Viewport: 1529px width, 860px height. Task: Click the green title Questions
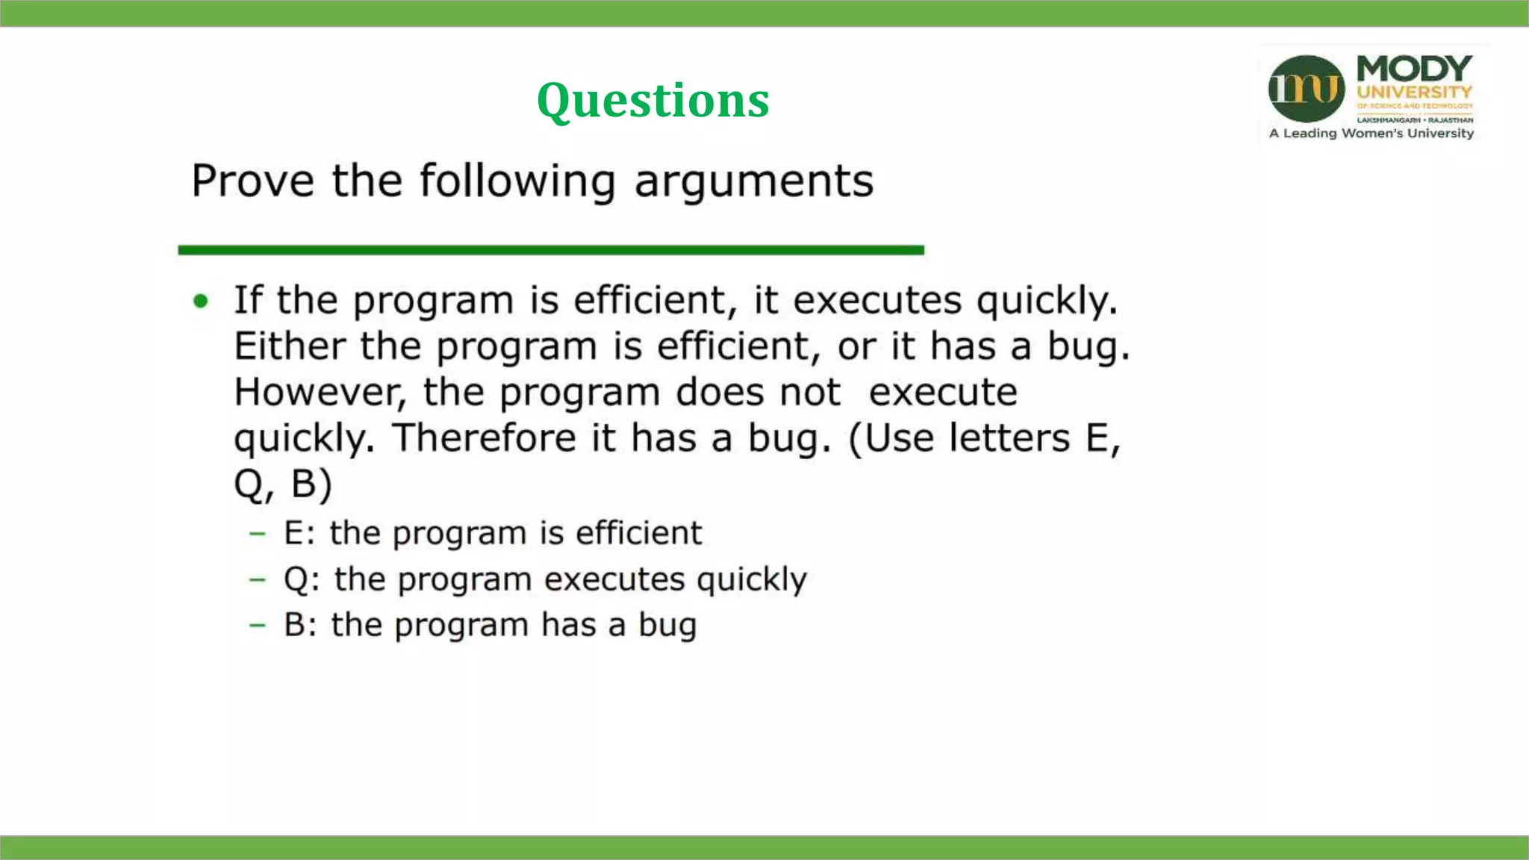tap(653, 100)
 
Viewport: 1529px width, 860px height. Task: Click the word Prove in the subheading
tap(252, 181)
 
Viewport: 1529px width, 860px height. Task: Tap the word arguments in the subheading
tap(753, 181)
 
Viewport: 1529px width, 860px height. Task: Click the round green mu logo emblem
tap(1306, 89)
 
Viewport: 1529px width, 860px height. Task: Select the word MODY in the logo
tap(1414, 69)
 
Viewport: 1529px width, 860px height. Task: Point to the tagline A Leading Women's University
tap(1371, 134)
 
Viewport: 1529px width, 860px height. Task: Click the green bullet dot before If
tap(201, 301)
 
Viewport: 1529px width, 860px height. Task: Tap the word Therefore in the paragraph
tap(485, 438)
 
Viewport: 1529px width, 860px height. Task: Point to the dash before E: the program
tap(258, 533)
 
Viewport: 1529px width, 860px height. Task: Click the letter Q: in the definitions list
tap(302, 580)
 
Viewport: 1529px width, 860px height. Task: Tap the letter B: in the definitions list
tap(300, 626)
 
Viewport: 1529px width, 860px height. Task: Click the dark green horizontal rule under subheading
tap(551, 250)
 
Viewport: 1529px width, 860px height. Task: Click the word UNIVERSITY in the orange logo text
tap(1414, 93)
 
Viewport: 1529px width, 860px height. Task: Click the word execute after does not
tap(943, 393)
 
